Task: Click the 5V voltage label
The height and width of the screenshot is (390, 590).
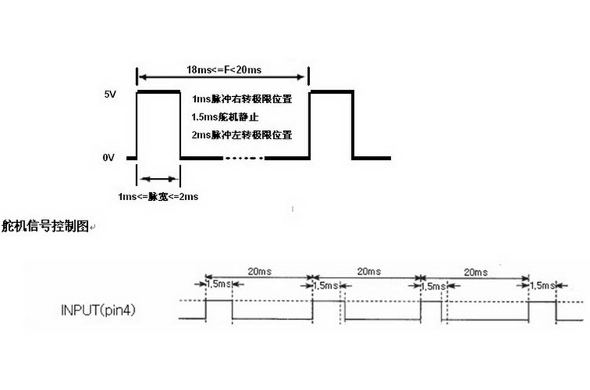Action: (110, 95)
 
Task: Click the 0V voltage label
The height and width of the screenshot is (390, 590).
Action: (109, 158)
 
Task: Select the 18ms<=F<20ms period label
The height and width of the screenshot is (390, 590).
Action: (224, 69)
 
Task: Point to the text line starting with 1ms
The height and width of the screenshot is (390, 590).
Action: (242, 99)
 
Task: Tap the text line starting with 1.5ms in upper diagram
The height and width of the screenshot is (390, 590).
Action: (225, 117)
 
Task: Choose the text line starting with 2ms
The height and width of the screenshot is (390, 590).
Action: (242, 135)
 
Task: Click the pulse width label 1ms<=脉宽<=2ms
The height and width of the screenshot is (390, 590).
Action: (158, 197)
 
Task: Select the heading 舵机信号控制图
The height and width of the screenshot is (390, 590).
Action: (45, 226)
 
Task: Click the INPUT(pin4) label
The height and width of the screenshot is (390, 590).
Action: (98, 310)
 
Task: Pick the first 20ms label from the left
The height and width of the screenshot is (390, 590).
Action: (260, 271)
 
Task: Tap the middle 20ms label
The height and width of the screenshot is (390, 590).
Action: (369, 271)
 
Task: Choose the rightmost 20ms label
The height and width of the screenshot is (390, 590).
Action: (476, 272)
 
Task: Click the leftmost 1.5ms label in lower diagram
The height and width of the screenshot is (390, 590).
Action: (219, 284)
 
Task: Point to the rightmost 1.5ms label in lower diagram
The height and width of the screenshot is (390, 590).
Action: (543, 286)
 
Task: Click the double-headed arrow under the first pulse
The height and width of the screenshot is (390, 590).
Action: (158, 179)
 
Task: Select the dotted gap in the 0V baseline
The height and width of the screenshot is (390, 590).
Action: (244, 158)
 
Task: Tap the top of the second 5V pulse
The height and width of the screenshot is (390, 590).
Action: (331, 91)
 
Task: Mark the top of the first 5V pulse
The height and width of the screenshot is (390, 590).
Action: (158, 91)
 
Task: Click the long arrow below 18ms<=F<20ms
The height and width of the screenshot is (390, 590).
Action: (222, 77)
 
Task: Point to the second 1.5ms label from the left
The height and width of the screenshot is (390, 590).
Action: (326, 286)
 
